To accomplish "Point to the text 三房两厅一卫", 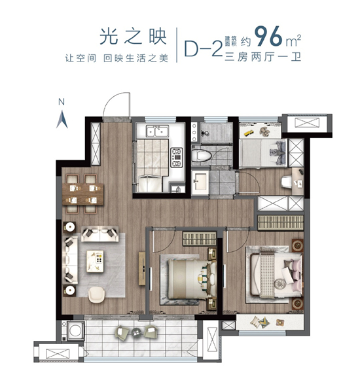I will [x=265, y=58].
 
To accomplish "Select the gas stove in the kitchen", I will [x=176, y=156].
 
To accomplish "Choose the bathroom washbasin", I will [x=200, y=181].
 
